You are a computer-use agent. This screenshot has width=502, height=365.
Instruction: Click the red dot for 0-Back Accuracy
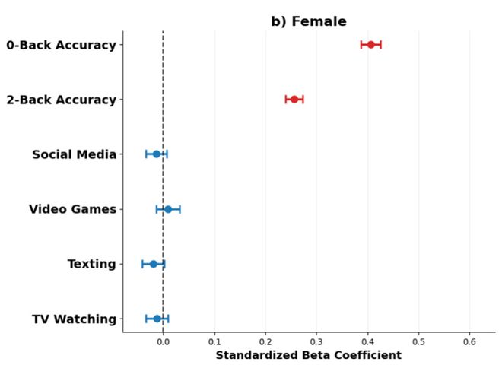point(370,45)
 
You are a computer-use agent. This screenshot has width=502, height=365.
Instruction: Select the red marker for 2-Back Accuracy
point(294,100)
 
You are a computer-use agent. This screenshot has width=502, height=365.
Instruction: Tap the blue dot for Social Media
point(156,154)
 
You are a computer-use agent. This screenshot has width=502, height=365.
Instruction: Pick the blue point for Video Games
point(168,209)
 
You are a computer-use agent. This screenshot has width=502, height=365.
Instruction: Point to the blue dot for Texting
point(154,264)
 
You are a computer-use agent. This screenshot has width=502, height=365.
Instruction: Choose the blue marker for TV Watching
point(157,319)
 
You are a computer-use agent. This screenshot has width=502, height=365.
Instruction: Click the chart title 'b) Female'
point(309,21)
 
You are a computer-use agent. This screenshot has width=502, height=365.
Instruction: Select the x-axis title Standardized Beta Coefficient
point(309,355)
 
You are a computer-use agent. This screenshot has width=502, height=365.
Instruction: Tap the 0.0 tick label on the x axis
point(164,341)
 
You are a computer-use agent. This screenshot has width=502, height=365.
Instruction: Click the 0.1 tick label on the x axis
point(214,341)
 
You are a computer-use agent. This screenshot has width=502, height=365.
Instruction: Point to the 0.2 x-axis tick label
point(265,341)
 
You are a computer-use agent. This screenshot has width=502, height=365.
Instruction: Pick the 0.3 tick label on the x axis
point(316,341)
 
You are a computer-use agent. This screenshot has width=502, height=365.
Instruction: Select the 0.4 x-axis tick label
point(368,341)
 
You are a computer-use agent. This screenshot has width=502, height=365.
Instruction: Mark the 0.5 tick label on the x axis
point(419,341)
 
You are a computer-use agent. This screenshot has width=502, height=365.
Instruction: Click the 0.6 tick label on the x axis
point(469,341)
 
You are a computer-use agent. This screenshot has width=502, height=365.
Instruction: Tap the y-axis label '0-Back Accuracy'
point(61,45)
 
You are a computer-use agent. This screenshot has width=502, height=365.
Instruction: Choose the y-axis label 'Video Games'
point(73,209)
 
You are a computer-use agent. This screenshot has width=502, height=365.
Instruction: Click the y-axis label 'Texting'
point(92,264)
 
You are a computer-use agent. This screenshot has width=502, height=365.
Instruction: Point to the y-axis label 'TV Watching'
point(75,319)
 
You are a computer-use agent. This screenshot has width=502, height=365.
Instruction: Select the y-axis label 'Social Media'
point(75,154)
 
